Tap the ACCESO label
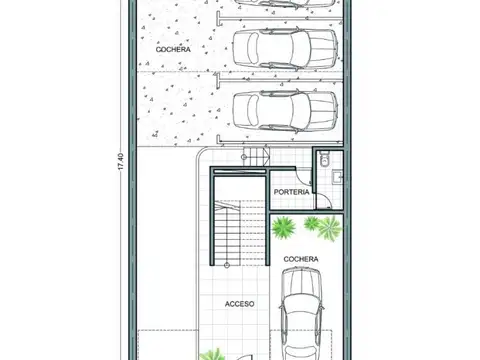click(x=240, y=301)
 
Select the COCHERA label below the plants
click(x=300, y=259)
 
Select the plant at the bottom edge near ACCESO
click(x=213, y=353)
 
